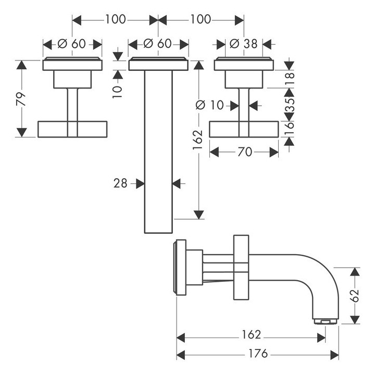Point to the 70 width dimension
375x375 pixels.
[x=245, y=152]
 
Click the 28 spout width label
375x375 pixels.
[x=121, y=183]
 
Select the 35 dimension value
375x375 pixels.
[x=290, y=104]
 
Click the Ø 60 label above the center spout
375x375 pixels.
[x=157, y=44]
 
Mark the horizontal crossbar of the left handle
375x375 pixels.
[x=72, y=129]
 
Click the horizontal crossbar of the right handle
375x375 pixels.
[x=244, y=129]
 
